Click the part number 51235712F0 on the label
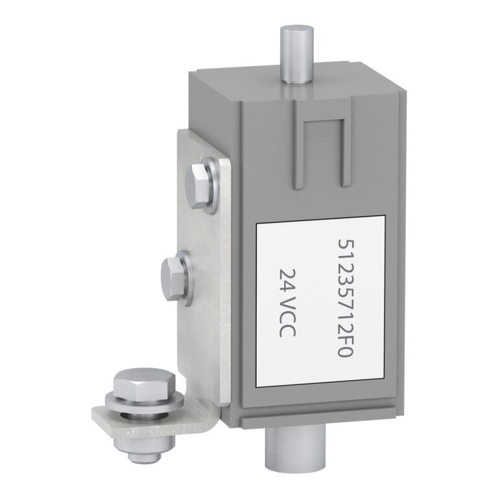click(x=345, y=298)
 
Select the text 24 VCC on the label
click(x=287, y=303)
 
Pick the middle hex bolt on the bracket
click(x=173, y=279)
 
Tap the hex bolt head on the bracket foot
click(x=145, y=385)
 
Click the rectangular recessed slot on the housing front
click(x=324, y=152)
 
